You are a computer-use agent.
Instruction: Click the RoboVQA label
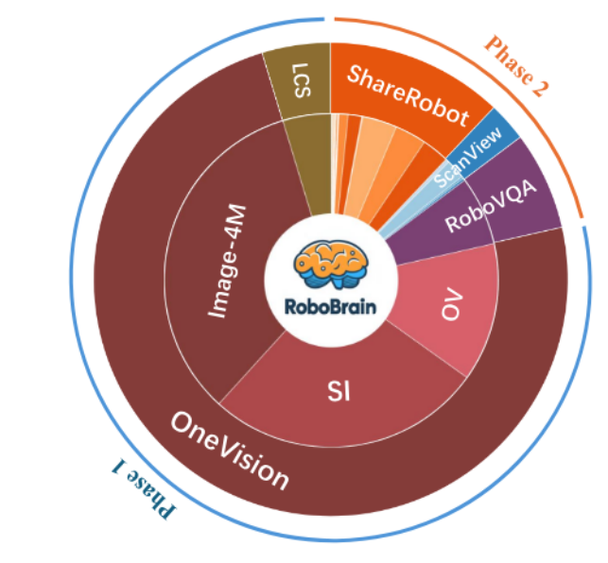click(492, 206)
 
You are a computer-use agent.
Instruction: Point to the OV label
click(453, 308)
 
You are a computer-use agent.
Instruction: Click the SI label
click(339, 388)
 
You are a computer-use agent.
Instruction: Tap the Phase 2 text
click(515, 66)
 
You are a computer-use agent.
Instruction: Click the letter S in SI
click(331, 388)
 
